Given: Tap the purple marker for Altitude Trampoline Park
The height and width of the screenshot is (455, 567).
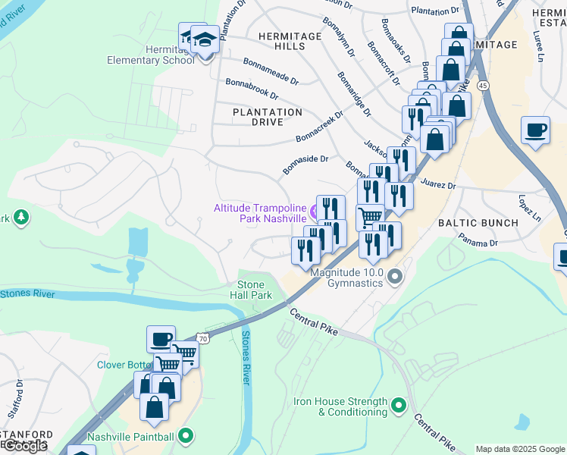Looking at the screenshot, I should tap(314, 210).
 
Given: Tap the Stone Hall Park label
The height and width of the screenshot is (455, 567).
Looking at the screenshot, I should tap(250, 290).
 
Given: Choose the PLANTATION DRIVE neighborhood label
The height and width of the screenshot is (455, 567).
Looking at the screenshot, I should tap(268, 117).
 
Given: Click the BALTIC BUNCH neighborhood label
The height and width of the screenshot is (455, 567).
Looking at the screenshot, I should tap(478, 223).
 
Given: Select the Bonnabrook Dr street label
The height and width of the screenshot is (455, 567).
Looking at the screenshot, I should tap(252, 88).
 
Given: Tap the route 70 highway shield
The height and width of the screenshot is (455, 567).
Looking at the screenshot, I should tap(201, 337).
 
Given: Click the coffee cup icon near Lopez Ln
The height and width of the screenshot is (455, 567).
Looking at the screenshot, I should tap(535, 130).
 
